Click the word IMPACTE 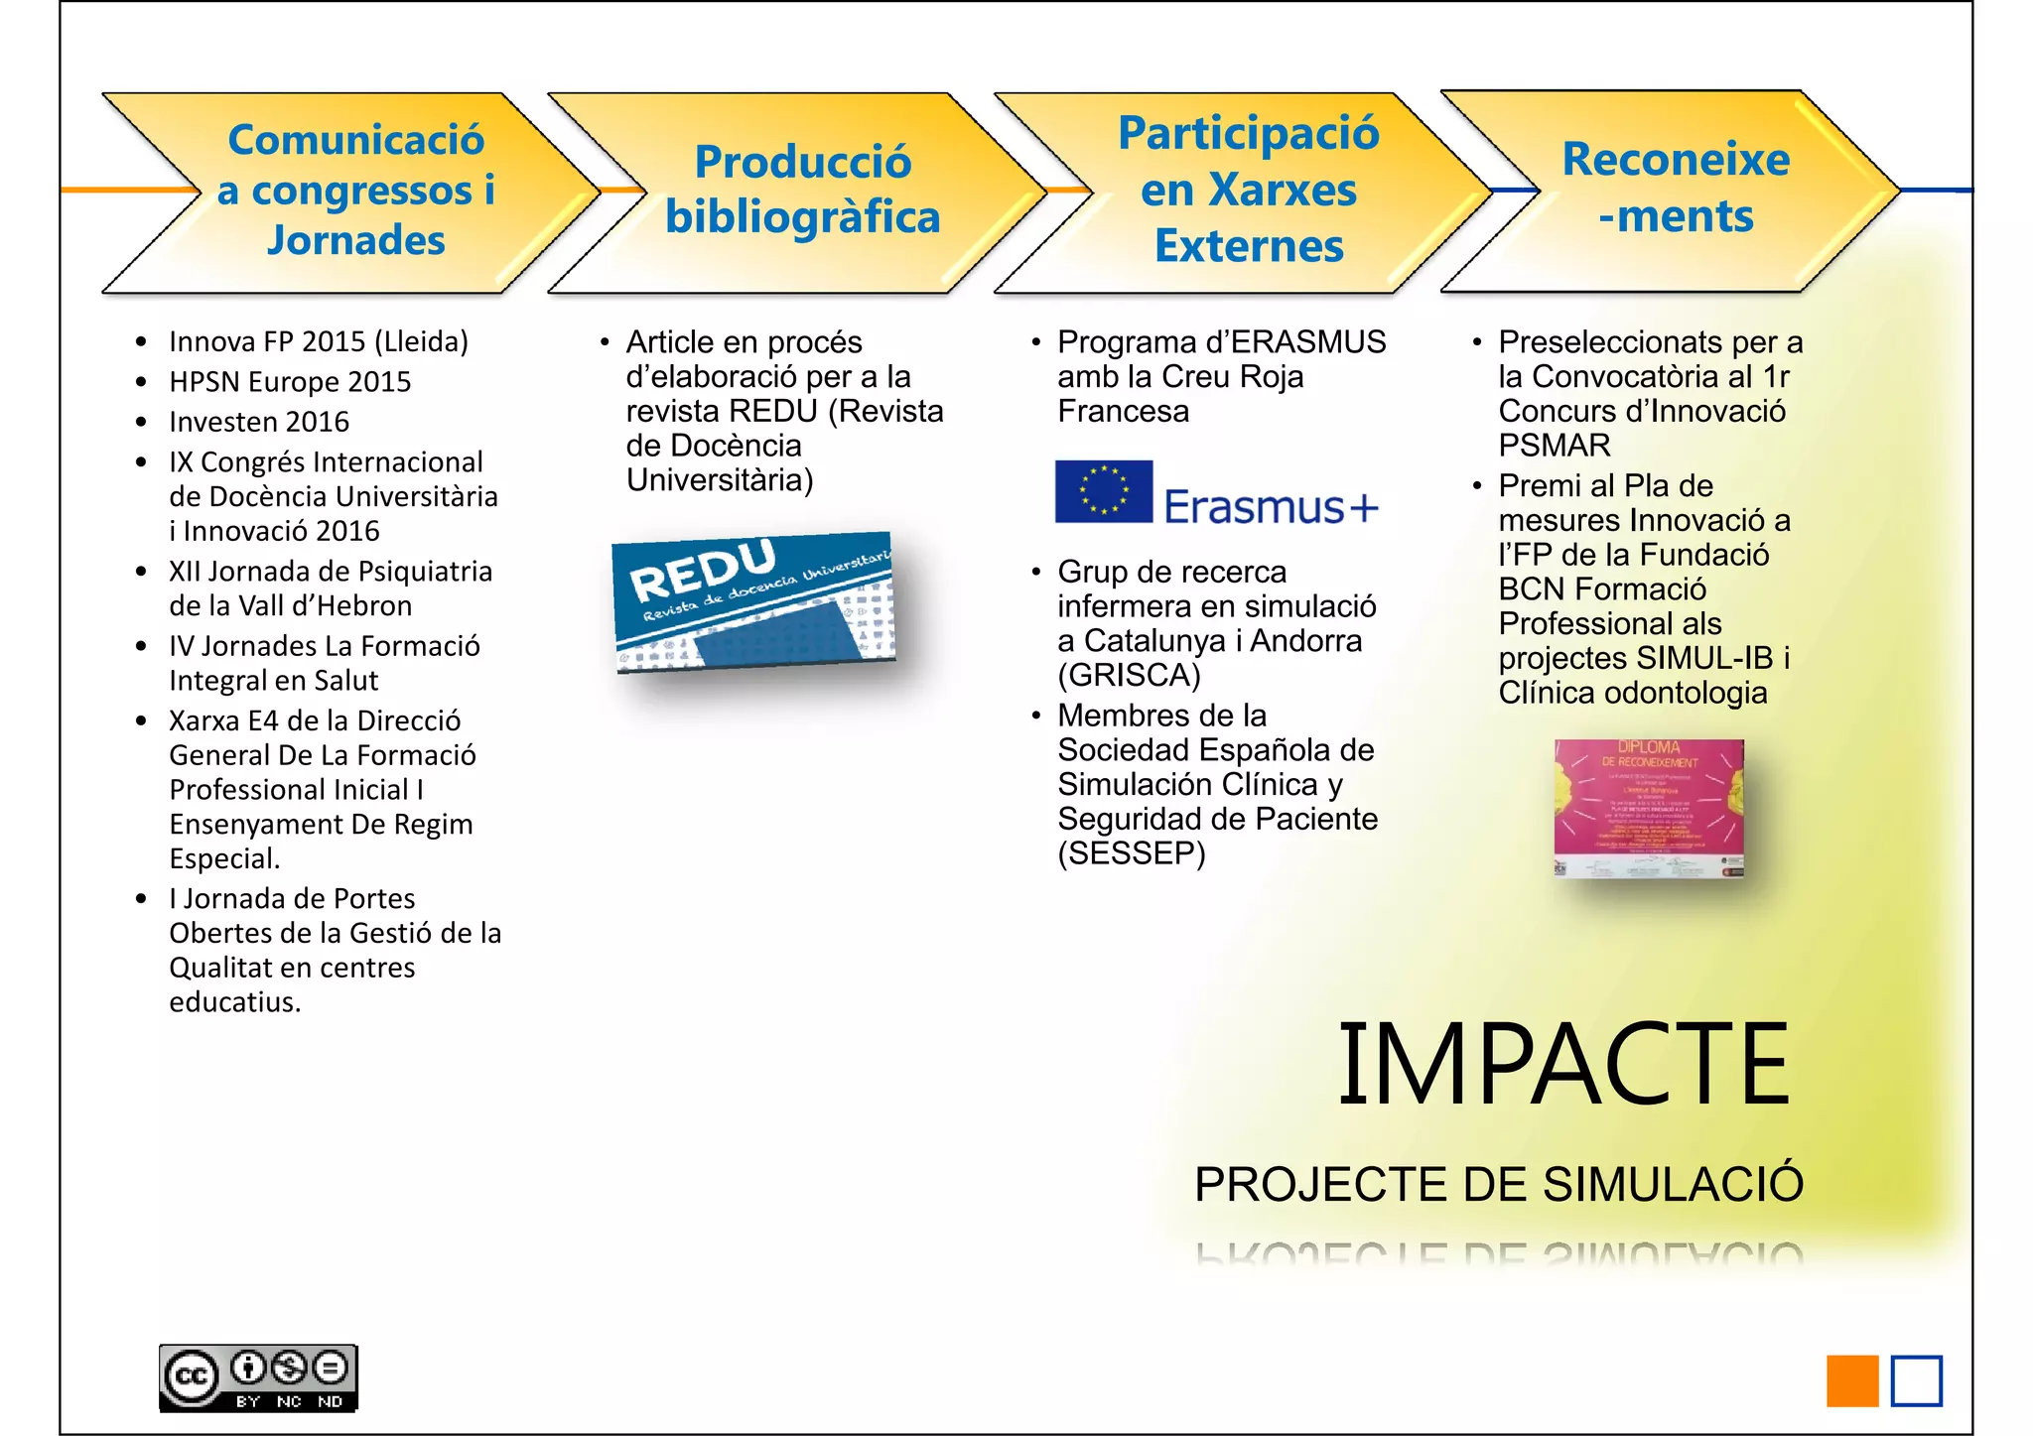click(x=1563, y=1064)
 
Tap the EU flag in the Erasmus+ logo click(x=1103, y=491)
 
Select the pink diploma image click(x=1649, y=808)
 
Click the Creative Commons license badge click(x=258, y=1377)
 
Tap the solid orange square click(x=1852, y=1380)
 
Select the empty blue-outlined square click(x=1916, y=1380)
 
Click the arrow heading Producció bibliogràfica click(x=802, y=190)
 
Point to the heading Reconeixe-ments click(x=1676, y=188)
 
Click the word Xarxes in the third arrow click(x=1248, y=190)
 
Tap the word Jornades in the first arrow click(x=355, y=240)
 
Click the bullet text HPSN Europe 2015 click(x=290, y=382)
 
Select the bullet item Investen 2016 click(x=259, y=422)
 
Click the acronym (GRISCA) click(x=1129, y=676)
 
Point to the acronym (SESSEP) click(x=1131, y=853)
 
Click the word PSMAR click(x=1554, y=446)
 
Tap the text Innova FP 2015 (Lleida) click(x=318, y=341)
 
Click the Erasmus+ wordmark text click(x=1271, y=507)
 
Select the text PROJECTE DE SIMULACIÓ click(x=1498, y=1184)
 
